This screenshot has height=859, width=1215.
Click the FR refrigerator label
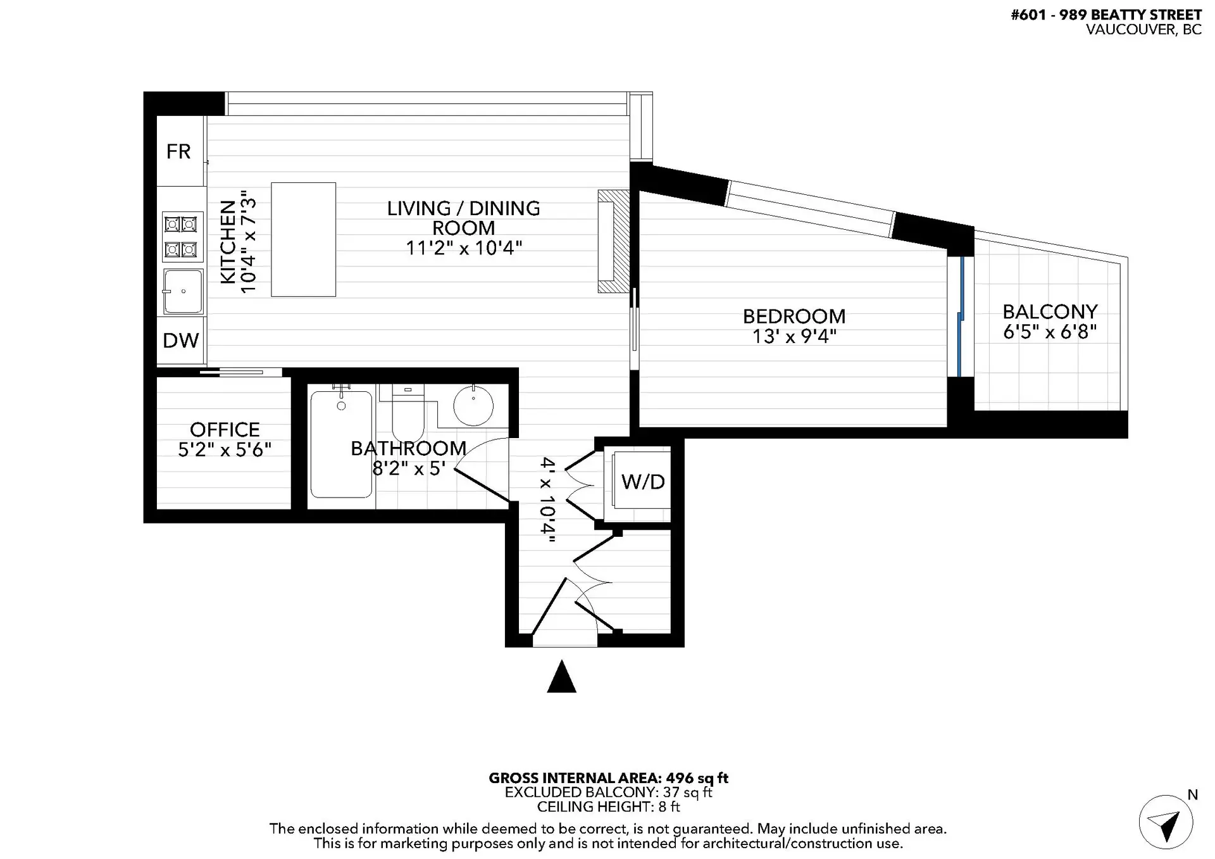(x=178, y=151)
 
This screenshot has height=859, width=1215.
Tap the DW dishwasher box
(x=180, y=341)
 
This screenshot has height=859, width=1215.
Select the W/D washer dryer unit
(x=642, y=482)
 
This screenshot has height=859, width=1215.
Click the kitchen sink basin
(x=183, y=292)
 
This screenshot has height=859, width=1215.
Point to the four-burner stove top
(x=182, y=237)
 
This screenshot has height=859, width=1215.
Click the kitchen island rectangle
(x=303, y=239)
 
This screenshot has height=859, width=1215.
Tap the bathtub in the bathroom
(x=341, y=443)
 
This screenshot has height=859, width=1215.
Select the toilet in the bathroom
(x=408, y=411)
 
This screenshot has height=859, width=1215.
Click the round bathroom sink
(x=473, y=405)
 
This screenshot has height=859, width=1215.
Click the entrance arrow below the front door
(x=561, y=677)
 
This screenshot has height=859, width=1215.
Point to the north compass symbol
(x=1166, y=822)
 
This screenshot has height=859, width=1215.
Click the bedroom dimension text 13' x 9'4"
(x=794, y=336)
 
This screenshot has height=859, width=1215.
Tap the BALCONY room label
(x=1050, y=311)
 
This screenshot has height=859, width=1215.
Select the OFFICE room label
(x=225, y=430)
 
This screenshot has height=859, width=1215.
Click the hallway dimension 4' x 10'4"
(x=548, y=500)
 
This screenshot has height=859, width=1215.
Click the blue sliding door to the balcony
(x=961, y=317)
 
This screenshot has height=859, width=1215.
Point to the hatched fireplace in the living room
(x=613, y=241)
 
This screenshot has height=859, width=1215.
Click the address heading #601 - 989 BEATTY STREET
(x=1106, y=15)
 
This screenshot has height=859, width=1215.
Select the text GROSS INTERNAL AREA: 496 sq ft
(x=608, y=778)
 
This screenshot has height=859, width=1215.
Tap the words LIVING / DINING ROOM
(x=463, y=218)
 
